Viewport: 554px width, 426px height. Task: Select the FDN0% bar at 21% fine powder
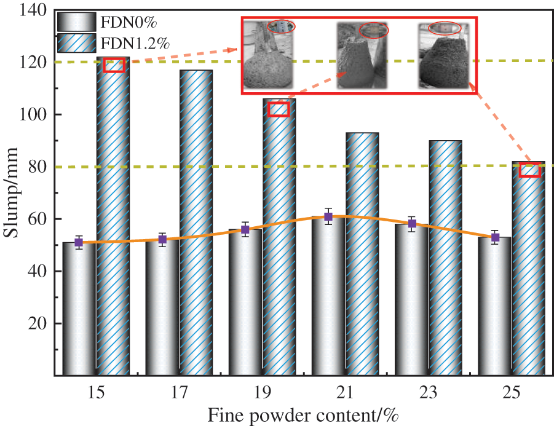tap(328, 295)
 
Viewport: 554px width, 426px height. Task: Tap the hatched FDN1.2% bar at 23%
tap(445, 258)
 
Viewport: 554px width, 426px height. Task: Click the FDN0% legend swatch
tap(77, 23)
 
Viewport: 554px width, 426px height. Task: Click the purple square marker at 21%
tap(328, 216)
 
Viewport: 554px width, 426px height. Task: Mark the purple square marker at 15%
tap(79, 242)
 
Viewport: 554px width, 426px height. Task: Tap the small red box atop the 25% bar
tap(529, 170)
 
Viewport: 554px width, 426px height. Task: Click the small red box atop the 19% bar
tap(279, 109)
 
